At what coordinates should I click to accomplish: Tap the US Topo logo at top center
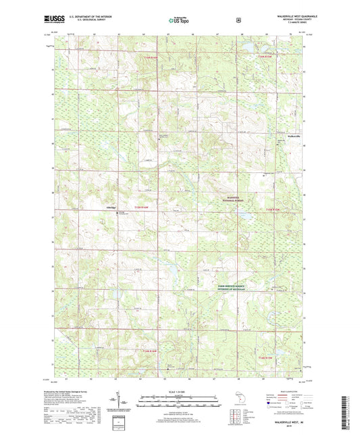point(179,21)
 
